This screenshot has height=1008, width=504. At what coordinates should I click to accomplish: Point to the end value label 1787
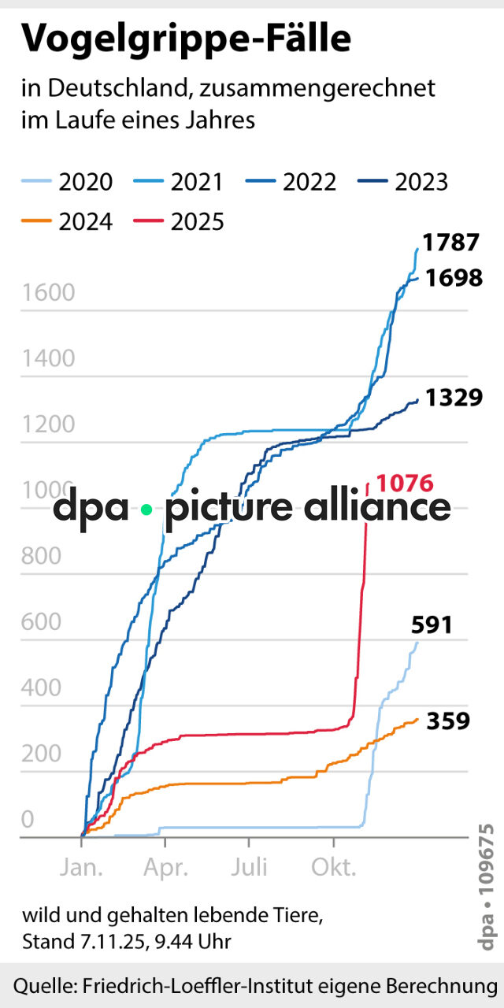450,243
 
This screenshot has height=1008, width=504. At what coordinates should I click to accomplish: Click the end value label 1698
454,278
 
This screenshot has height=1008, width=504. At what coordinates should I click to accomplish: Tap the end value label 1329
454,398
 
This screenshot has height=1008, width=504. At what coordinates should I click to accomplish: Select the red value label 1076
406,483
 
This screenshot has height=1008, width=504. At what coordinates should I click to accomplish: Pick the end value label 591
432,625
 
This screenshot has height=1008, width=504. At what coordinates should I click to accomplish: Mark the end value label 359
448,721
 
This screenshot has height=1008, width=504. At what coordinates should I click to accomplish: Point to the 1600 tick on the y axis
48,293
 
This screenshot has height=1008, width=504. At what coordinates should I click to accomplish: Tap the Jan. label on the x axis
81,868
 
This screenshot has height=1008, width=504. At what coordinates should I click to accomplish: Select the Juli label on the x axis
249,868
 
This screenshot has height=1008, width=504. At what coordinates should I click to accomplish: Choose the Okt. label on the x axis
334,868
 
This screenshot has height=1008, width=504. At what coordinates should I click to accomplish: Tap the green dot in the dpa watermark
146,509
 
